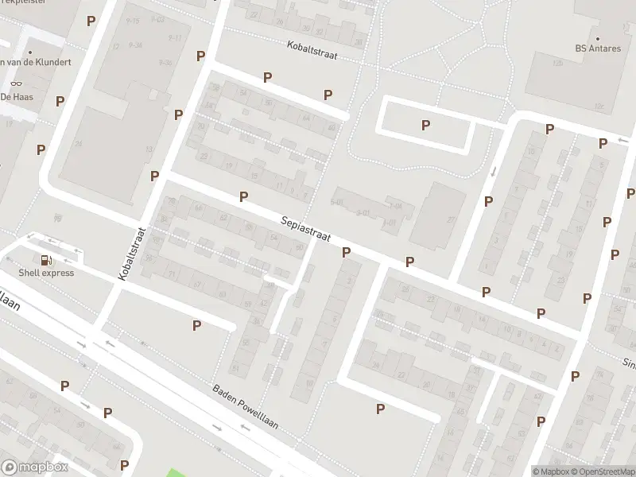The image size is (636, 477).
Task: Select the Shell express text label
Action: [x=48, y=273]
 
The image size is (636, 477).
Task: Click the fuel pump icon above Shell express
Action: [x=46, y=259]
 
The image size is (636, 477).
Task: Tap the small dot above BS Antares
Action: [x=597, y=37]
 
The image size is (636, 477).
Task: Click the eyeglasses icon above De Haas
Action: [x=16, y=83]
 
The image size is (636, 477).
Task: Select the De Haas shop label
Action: [x=16, y=96]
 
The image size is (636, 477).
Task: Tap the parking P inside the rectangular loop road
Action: [x=426, y=125]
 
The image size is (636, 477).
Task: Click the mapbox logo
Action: [x=35, y=467]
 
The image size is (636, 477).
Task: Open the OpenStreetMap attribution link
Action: [x=603, y=471]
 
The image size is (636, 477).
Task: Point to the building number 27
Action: [x=450, y=220]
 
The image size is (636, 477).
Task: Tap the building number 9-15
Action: [x=132, y=20]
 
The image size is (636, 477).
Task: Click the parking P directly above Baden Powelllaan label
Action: [x=196, y=325]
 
